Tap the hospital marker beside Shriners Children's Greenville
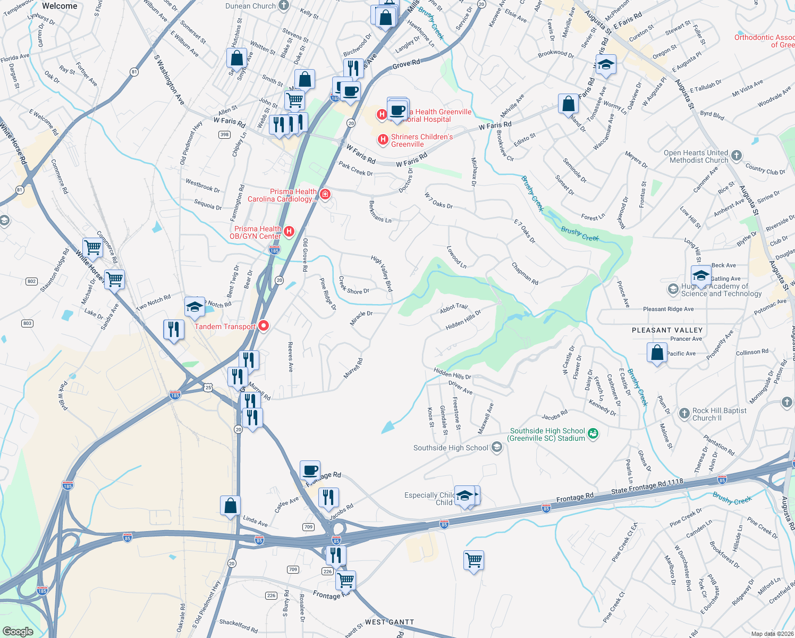click(x=383, y=140)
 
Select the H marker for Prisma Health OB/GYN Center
click(x=289, y=231)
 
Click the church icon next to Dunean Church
click(x=284, y=6)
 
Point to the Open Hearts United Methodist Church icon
click(x=736, y=156)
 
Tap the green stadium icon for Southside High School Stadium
click(x=593, y=434)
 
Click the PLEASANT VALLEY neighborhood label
click(x=667, y=330)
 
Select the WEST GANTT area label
click(x=389, y=622)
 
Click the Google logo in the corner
click(x=18, y=631)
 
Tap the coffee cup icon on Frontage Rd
click(x=310, y=471)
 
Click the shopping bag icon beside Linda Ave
click(x=231, y=506)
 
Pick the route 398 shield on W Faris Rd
click(x=225, y=135)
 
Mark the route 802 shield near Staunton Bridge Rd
click(x=31, y=281)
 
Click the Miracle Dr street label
click(x=361, y=318)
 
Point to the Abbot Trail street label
click(x=454, y=307)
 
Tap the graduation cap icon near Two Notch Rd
click(x=195, y=307)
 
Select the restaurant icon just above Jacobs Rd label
click(x=328, y=498)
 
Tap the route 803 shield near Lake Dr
click(x=27, y=323)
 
